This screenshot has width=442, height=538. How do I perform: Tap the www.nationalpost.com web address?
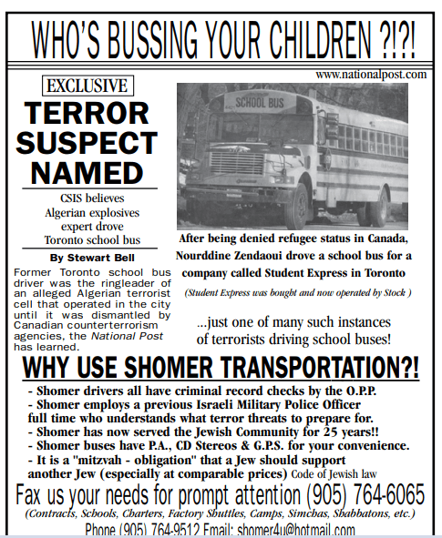[371, 73]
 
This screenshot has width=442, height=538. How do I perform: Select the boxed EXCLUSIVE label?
[88, 87]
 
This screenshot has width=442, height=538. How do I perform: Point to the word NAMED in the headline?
[87, 171]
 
